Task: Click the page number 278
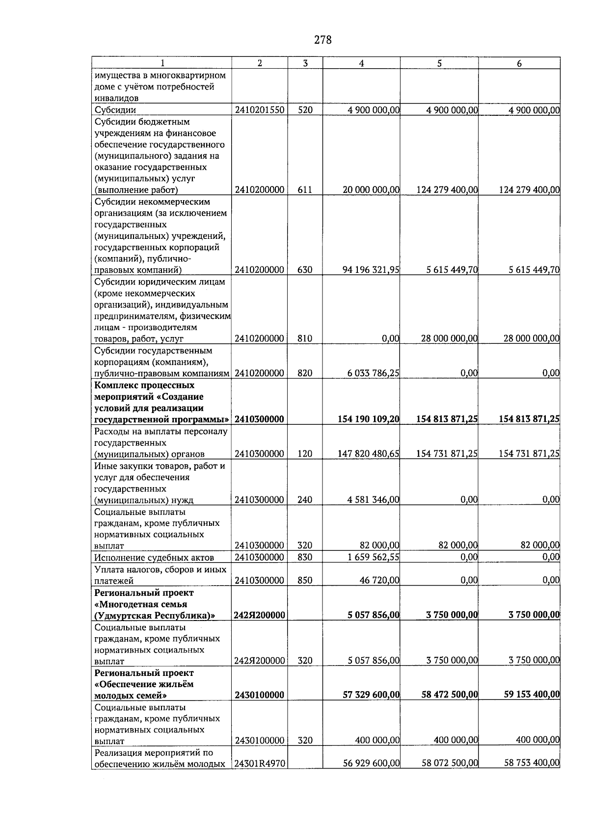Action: point(322,40)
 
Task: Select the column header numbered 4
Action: point(361,63)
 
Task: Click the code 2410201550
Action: point(260,110)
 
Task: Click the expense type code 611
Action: point(305,190)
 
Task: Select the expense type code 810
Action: point(305,338)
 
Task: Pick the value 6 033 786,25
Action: point(373,373)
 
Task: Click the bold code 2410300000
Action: point(260,419)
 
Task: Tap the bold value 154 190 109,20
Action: point(369,419)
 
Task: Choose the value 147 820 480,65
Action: point(369,454)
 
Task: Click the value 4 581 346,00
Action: point(373,500)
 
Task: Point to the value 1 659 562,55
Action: point(373,557)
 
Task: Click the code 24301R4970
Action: point(260,763)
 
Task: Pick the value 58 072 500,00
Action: point(450,763)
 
